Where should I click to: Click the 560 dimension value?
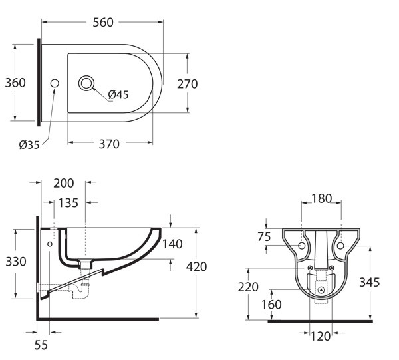[103, 23]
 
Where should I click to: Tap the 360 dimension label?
[15, 83]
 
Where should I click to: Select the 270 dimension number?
[188, 84]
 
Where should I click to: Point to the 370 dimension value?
[109, 144]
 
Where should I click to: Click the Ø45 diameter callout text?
[118, 94]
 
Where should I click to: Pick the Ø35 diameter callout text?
[29, 145]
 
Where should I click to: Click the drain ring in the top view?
[86, 83]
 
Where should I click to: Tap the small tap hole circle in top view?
[55, 83]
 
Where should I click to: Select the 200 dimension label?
[64, 183]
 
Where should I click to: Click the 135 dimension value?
[68, 203]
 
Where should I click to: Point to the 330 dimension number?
[16, 262]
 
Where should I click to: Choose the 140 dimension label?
[172, 244]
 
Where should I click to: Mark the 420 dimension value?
[196, 267]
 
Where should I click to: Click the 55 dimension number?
[41, 345]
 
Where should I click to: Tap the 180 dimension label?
[322, 198]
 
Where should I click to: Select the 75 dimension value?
[264, 237]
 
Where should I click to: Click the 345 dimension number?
[370, 282]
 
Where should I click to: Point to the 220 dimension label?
[248, 287]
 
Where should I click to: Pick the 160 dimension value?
[271, 305]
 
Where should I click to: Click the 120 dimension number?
[321, 337]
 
